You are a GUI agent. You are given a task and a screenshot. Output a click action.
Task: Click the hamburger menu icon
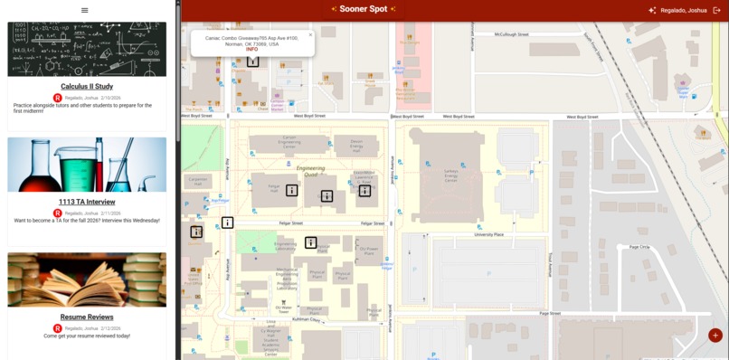[x=85, y=10]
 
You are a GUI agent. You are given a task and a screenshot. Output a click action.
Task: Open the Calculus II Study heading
[x=87, y=87]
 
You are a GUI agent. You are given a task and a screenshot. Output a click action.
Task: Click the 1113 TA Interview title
[x=87, y=202]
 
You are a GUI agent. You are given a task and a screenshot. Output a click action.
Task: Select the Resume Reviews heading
[x=87, y=317]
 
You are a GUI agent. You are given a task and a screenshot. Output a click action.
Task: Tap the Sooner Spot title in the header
[x=364, y=9]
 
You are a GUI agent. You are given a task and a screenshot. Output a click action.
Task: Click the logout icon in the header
[x=717, y=10]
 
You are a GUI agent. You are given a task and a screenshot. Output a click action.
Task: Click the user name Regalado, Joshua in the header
[x=684, y=10]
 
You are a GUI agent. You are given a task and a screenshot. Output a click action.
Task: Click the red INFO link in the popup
[x=251, y=49]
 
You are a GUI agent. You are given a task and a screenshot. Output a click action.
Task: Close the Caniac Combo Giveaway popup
[x=310, y=35]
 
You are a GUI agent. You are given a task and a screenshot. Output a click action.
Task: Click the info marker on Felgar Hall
[x=292, y=190]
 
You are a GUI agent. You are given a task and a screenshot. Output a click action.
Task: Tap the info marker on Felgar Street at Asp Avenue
[x=228, y=223]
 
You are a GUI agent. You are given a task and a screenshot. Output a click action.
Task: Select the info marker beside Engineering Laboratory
[x=311, y=242]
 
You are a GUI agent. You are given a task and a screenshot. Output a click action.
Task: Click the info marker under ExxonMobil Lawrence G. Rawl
[x=364, y=191]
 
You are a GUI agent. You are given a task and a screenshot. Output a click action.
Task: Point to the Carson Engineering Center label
[x=289, y=142]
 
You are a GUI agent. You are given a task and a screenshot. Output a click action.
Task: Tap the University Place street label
[x=488, y=234]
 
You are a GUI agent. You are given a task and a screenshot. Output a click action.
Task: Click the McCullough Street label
[x=512, y=34]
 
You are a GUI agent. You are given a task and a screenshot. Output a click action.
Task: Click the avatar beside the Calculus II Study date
[x=58, y=98]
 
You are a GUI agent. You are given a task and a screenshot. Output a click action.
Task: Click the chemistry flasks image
[x=87, y=165]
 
